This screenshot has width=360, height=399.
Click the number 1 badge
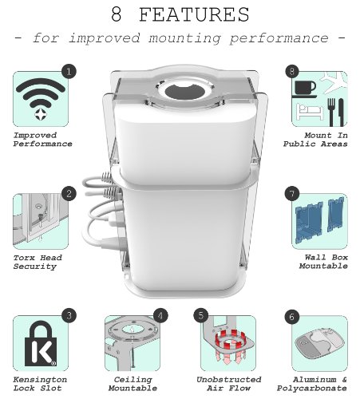point(69,71)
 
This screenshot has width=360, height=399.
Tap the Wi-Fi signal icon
point(41,99)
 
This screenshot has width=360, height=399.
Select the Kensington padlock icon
point(41,343)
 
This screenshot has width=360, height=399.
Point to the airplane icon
point(334,82)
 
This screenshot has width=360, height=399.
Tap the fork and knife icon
point(335,112)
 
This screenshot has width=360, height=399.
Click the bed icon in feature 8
point(310,112)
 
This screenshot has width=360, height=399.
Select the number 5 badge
point(201,316)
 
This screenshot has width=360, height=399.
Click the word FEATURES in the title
point(194,15)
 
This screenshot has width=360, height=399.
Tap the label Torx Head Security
point(38,262)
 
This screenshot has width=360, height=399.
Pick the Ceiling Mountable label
point(133,384)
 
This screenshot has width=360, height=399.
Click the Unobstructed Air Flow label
point(229,384)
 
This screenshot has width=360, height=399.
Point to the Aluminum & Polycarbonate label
point(312,384)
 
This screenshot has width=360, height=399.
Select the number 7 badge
point(292,193)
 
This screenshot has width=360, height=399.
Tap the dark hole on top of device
point(185,92)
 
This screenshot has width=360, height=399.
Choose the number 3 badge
point(69,316)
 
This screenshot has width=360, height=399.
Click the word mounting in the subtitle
point(184,38)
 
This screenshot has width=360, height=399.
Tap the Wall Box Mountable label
point(323,262)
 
